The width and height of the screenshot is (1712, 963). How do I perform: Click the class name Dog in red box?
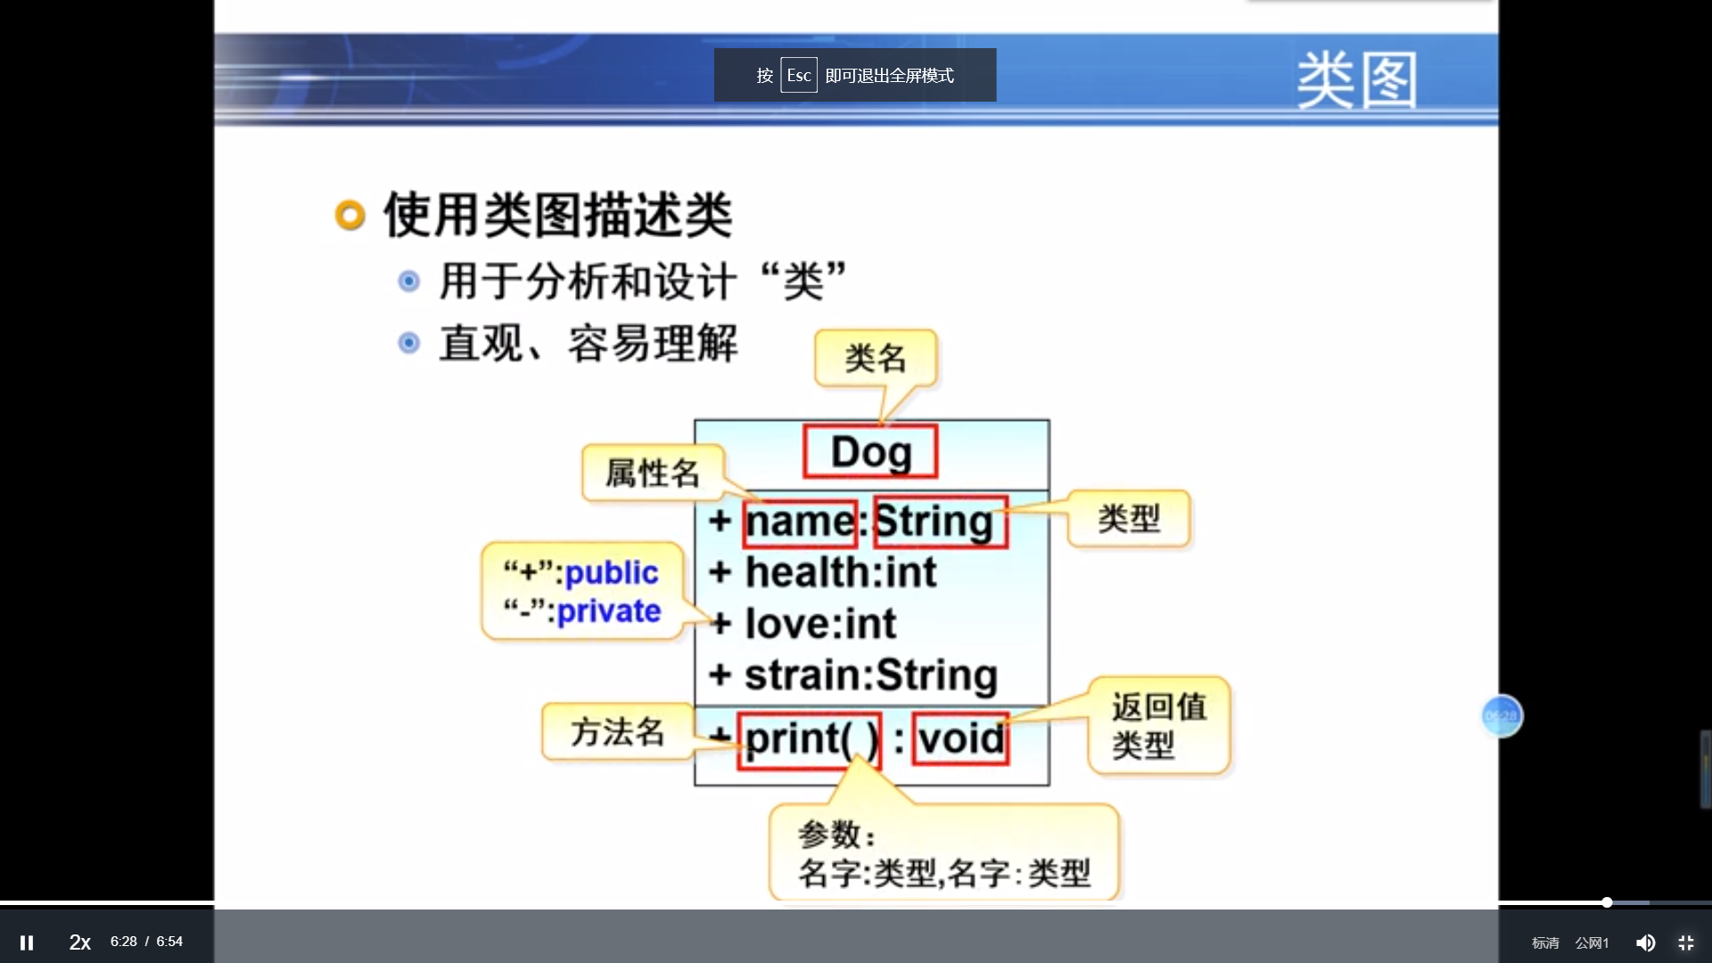coord(870,452)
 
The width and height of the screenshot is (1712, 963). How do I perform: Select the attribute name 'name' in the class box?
coord(800,523)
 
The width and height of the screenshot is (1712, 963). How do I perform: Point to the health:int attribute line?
coord(840,572)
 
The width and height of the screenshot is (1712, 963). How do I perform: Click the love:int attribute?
coord(819,624)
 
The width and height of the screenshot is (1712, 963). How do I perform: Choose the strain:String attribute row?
coord(870,676)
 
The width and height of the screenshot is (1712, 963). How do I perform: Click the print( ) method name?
coord(809,739)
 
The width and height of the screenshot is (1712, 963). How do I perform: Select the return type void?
coord(960,739)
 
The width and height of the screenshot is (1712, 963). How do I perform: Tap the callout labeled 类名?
coord(876,358)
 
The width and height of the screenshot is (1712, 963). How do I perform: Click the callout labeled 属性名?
coord(653,473)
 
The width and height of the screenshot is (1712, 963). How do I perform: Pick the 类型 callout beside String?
coord(1129,519)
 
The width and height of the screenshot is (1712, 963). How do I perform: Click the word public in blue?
coord(612,572)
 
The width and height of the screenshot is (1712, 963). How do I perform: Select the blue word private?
coord(608,612)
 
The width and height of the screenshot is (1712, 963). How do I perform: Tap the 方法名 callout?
coord(617,732)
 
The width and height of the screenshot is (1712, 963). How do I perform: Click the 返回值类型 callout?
coord(1157,725)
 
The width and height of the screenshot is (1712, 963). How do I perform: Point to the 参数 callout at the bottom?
coord(943,853)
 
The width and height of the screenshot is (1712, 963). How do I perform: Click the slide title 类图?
coord(1355,80)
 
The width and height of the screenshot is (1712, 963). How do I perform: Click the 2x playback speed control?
coord(80,942)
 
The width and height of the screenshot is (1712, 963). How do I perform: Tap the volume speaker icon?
coord(1645,942)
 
